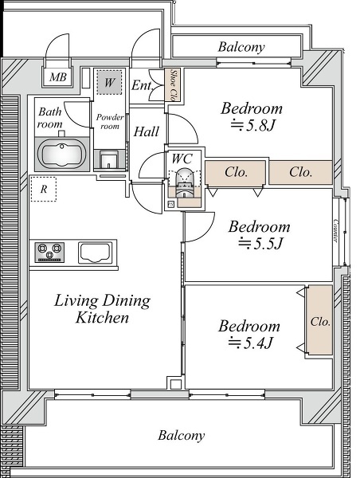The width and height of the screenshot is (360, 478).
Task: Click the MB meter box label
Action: [58, 76]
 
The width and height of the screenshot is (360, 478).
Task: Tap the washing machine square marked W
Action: [109, 82]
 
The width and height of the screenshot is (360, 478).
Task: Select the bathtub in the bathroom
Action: [62, 154]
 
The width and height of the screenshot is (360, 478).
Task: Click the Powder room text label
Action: [110, 121]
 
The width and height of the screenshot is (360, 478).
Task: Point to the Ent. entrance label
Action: [142, 85]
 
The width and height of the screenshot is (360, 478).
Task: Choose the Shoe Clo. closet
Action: [173, 85]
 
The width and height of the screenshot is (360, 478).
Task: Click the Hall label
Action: [147, 131]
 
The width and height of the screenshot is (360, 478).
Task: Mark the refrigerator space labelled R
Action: [44, 190]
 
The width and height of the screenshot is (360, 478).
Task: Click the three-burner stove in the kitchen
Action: [49, 253]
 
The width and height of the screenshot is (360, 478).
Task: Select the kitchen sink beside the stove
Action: [94, 253]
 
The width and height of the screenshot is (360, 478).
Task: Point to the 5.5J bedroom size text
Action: [260, 243]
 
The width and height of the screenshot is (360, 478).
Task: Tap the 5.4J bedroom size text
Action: [251, 343]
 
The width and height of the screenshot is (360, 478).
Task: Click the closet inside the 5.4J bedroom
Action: [319, 320]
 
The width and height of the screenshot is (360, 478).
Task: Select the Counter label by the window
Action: [335, 230]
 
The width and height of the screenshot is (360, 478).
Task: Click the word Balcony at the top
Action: [241, 47]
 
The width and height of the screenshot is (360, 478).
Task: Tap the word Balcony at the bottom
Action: [181, 435]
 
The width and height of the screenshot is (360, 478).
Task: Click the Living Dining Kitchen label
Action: [102, 309]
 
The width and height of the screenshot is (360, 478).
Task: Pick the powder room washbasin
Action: [109, 159]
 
